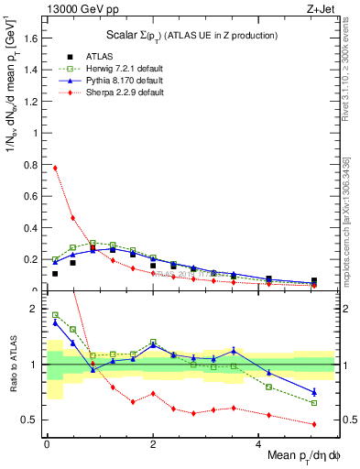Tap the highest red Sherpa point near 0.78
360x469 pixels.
(x=55, y=168)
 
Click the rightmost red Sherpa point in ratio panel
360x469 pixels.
(x=314, y=424)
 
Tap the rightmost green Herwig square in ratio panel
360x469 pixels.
(x=314, y=403)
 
